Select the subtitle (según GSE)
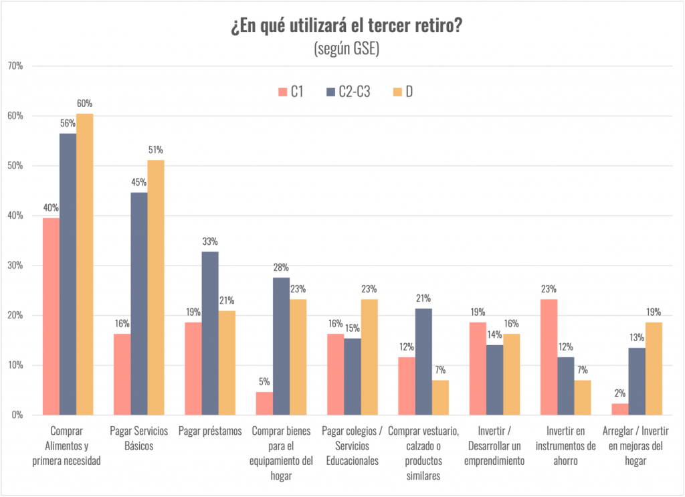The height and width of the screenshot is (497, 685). (346, 49)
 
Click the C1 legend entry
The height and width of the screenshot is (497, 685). (290, 92)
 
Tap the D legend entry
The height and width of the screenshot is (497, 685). (401, 92)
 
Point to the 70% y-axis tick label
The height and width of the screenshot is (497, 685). (15, 66)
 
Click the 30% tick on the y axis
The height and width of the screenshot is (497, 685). (15, 266)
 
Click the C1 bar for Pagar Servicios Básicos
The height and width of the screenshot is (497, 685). (122, 374)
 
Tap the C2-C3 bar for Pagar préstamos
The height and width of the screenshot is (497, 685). (209, 333)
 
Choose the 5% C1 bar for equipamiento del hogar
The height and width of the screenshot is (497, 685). (264, 403)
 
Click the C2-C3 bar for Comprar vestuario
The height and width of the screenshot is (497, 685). (423, 361)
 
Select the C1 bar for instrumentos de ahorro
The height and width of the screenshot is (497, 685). (549, 357)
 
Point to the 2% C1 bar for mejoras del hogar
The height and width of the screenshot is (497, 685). (619, 409)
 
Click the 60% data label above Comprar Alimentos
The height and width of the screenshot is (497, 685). (84, 104)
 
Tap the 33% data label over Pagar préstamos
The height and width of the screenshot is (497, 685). (210, 241)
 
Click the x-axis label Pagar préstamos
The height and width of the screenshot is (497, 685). (210, 431)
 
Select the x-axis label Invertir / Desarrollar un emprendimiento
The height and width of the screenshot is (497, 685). (494, 445)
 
